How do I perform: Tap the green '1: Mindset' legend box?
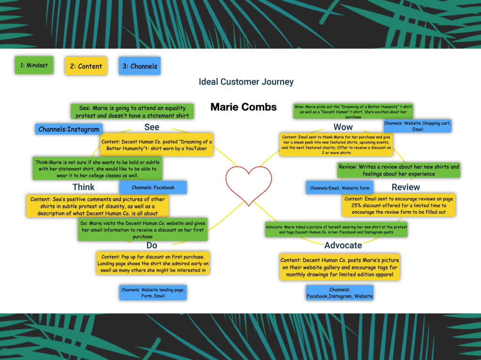point(34,65)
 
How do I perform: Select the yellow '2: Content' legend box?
point(86,66)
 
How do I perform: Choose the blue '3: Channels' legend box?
point(140,66)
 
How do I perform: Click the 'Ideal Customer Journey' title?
point(246,82)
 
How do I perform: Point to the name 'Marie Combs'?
point(243,107)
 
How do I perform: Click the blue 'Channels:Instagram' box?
point(69,129)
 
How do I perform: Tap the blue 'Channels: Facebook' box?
point(153,187)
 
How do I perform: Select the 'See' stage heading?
point(151,127)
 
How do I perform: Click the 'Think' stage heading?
point(84,187)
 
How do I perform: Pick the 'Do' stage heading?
point(151,245)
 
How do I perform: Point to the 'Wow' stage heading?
point(343,127)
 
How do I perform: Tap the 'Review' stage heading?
point(405,187)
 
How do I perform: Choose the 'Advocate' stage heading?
point(343,245)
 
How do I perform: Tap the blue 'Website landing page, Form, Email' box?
point(152,293)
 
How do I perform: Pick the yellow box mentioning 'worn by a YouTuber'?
point(157,144)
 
